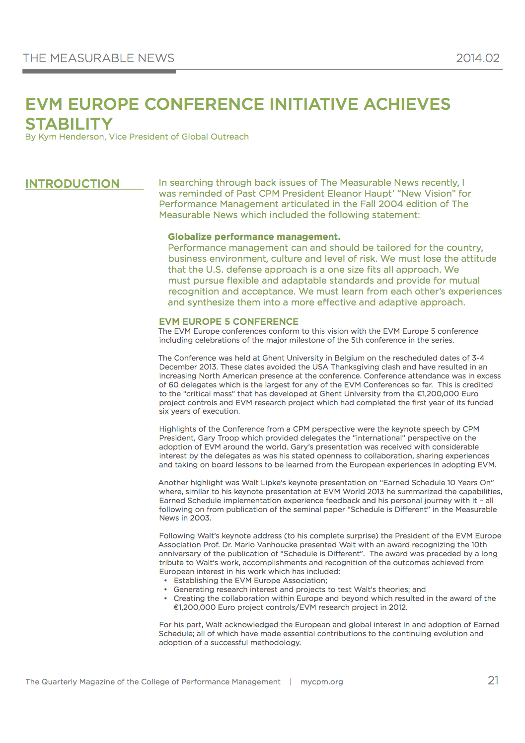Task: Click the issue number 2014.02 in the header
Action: tap(477, 58)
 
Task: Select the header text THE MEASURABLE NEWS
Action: tap(98, 58)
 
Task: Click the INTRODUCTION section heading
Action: tap(73, 184)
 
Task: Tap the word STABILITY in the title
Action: tap(69, 124)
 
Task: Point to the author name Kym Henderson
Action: tap(72, 137)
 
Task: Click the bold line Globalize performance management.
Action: tap(254, 237)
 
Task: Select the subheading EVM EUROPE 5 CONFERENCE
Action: tap(228, 321)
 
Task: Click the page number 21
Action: tap(493, 680)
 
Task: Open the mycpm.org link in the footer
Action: tap(321, 682)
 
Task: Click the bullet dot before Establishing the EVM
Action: tap(166, 581)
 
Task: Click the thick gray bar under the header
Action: tap(99, 72)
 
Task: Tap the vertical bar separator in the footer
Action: tap(291, 682)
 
